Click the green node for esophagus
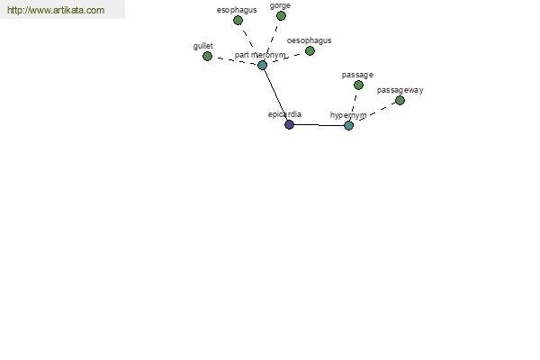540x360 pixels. [x=238, y=21]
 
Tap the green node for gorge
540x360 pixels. [x=281, y=15]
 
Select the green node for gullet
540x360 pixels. [x=207, y=56]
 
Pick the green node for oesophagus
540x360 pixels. [x=310, y=51]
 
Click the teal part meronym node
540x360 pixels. [x=263, y=65]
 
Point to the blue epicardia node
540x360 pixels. [x=289, y=125]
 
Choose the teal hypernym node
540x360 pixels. [x=349, y=126]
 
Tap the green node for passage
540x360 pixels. [x=358, y=85]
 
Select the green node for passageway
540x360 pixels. [x=400, y=101]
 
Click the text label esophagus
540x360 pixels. [x=237, y=10]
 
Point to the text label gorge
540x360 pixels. [x=280, y=6]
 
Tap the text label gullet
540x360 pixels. [x=203, y=46]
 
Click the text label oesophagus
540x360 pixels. [x=309, y=40]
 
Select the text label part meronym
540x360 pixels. [x=260, y=55]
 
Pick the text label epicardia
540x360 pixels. [x=284, y=114]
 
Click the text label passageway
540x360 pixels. [x=400, y=90]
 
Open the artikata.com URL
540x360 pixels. [x=56, y=10]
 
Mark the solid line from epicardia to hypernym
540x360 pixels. [x=319, y=125]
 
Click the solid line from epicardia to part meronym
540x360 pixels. [x=276, y=94]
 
